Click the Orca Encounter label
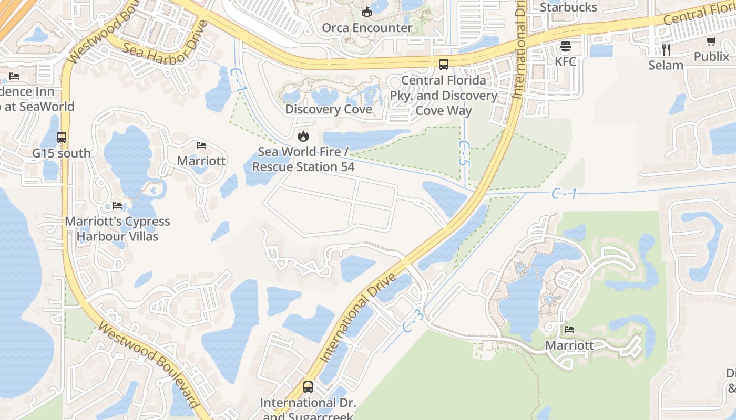coord(367,28)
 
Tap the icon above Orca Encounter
coord(367,12)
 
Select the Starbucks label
coord(568,7)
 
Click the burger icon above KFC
coord(566,47)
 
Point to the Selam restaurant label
coord(666,65)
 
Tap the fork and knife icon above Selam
coord(666,50)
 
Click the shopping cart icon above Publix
coord(711,41)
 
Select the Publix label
coord(711,56)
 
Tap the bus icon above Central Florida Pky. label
coord(444,65)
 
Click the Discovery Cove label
coord(329,109)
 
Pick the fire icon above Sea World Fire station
coord(303,136)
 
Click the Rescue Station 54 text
coord(303,167)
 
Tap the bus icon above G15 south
coord(62,138)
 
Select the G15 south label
coord(62,153)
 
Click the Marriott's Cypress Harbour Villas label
coord(117,229)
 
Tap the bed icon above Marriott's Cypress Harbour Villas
coord(117,206)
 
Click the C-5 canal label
coord(463,153)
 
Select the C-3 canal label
coord(413,320)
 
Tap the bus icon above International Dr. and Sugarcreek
coord(308,387)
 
